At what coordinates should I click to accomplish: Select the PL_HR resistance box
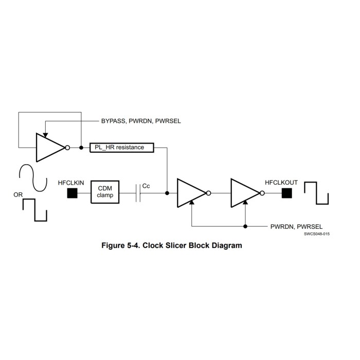click(123, 148)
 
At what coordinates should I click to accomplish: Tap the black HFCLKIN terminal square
click(72, 193)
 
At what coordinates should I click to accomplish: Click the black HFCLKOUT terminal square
click(286, 193)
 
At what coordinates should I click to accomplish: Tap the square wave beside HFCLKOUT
click(315, 194)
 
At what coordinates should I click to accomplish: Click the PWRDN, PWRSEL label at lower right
click(292, 226)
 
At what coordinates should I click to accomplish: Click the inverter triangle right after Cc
click(190, 193)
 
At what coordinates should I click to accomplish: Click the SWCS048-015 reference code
click(316, 233)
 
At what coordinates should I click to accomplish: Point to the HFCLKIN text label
click(71, 182)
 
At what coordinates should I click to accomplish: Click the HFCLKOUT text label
click(281, 182)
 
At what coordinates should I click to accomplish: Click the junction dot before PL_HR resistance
click(81, 148)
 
